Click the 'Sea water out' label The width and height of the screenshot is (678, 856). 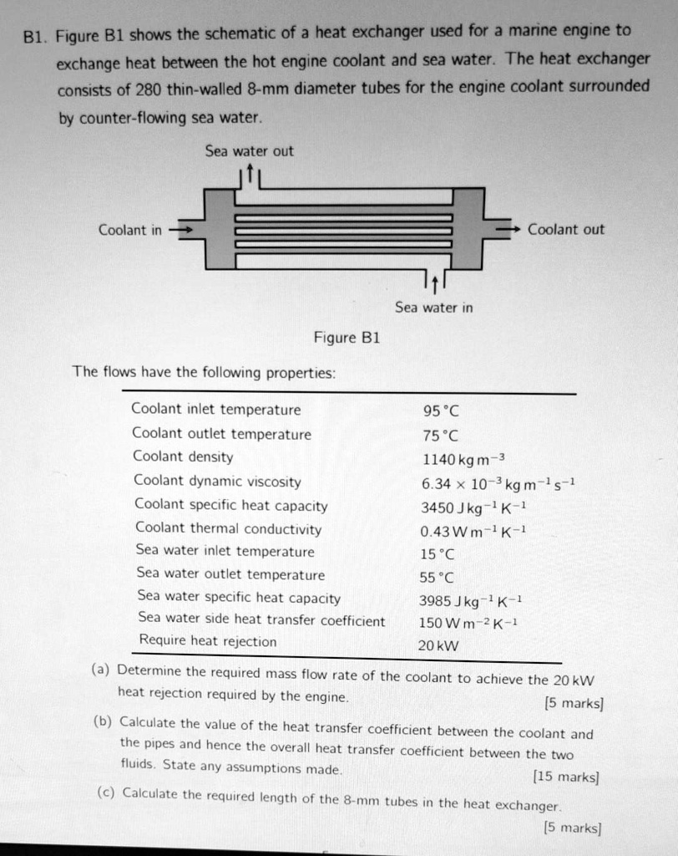(250, 151)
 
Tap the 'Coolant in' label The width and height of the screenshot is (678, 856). (130, 230)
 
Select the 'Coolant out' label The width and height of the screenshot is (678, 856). (566, 229)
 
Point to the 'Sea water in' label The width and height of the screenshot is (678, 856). (433, 308)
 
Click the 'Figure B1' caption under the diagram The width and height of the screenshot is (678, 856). (347, 338)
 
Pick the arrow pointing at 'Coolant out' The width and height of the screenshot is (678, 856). (508, 229)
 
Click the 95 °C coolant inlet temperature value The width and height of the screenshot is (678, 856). (441, 410)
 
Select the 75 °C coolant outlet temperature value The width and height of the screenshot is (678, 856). (441, 435)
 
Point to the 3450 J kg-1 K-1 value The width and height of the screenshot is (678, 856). (473, 507)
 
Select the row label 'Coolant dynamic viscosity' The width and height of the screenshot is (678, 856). (217, 481)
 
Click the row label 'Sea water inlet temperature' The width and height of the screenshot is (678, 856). (225, 552)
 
